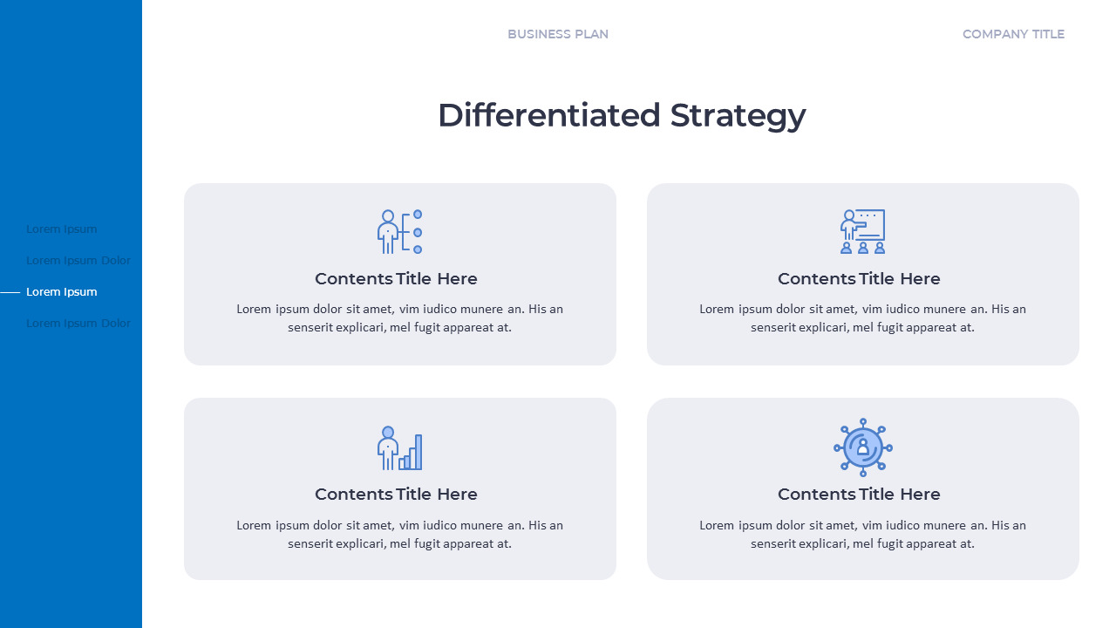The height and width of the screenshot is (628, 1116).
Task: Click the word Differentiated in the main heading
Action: pos(549,115)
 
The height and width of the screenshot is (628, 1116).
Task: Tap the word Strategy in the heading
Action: pos(738,115)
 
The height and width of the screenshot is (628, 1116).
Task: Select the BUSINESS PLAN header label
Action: pos(558,34)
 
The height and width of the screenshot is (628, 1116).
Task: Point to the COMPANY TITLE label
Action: pos(1013,34)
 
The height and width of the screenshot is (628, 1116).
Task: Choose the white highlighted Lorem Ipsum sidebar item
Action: pos(62,291)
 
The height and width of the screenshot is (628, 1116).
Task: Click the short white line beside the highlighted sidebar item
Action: pos(10,292)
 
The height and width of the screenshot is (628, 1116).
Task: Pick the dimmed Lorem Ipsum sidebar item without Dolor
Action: pos(62,229)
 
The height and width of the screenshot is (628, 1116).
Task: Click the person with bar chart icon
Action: pos(400,447)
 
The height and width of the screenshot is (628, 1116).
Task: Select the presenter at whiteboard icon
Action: pos(862,231)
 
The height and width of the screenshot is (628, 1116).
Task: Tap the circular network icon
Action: pos(863,447)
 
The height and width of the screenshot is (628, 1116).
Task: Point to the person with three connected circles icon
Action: pos(400,231)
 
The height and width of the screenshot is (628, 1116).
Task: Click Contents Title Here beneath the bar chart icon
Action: pos(396,494)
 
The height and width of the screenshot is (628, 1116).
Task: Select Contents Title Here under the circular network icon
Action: pos(859,494)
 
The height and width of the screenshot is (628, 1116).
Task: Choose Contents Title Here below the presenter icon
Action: pos(859,278)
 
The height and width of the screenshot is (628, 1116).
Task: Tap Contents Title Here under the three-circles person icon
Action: pos(396,278)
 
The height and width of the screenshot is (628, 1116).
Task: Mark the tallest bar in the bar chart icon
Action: pos(418,452)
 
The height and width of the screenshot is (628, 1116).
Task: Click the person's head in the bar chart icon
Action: pos(388,432)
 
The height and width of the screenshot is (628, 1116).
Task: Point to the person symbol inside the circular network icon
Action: pos(863,447)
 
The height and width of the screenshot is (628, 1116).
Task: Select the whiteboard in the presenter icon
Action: pos(871,224)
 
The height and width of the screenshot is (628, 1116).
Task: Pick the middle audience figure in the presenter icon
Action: pos(863,248)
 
